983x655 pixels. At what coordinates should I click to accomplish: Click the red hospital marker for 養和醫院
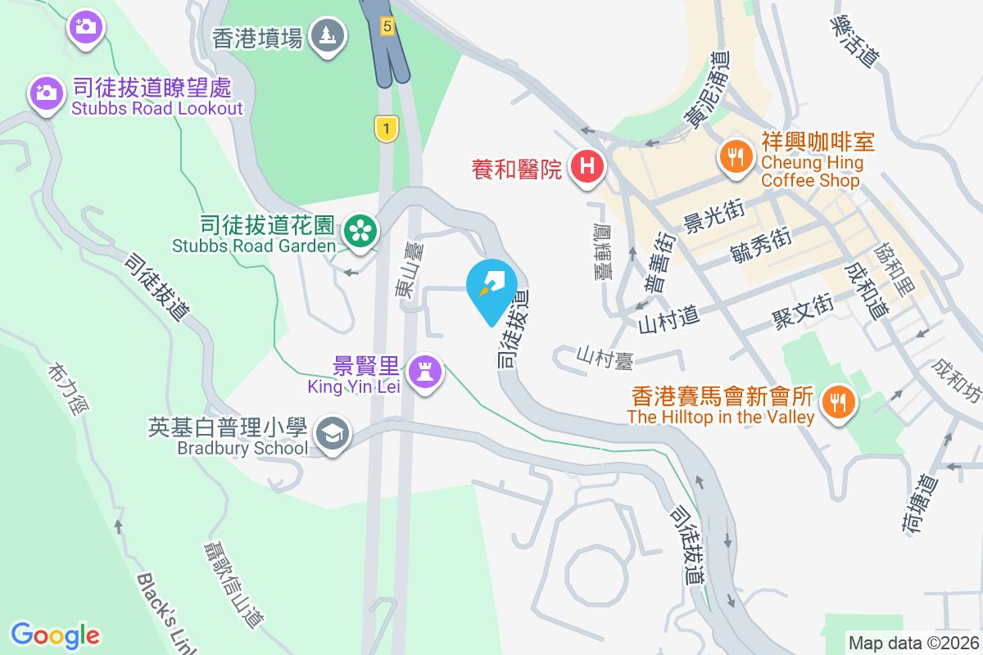click(x=587, y=167)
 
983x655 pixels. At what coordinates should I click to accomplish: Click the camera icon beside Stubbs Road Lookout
click(x=47, y=93)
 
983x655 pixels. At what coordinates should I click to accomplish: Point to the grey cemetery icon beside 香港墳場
click(x=328, y=35)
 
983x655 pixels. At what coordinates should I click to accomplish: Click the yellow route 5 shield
click(x=387, y=27)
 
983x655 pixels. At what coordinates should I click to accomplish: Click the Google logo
click(x=55, y=635)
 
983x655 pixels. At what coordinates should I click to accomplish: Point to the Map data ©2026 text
click(x=913, y=644)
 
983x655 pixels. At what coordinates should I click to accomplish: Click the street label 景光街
click(x=713, y=215)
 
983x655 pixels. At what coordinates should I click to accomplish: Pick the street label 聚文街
click(x=802, y=309)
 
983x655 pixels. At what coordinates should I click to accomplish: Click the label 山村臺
click(x=606, y=356)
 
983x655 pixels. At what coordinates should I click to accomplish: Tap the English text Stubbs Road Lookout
click(x=157, y=109)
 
